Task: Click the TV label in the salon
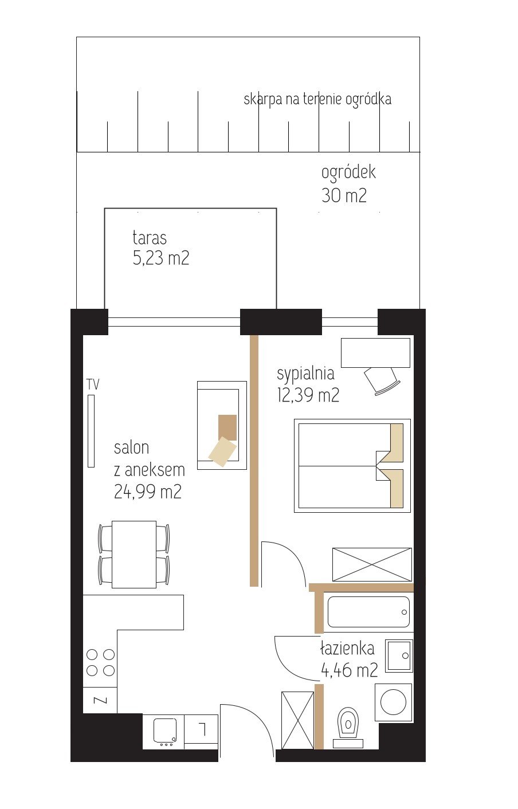pos(93,384)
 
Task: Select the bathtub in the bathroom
pos(368,612)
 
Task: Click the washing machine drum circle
pos(394,702)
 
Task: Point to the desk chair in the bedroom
pos(382,380)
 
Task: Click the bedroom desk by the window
pos(376,353)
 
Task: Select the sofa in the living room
pos(222,425)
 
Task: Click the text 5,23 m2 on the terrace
pos(161,258)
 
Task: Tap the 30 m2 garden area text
pos(344,195)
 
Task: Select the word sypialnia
pos(305,374)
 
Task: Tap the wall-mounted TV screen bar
pos(91,431)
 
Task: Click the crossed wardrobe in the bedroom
pos(372,564)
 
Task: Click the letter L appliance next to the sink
pos(203,729)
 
